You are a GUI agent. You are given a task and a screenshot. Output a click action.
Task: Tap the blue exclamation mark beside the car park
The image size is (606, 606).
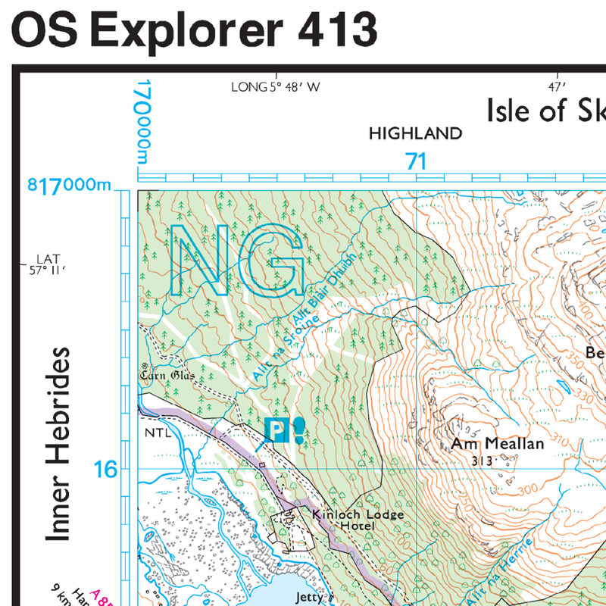click(x=299, y=430)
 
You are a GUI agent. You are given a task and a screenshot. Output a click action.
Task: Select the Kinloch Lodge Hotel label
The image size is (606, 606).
click(x=358, y=520)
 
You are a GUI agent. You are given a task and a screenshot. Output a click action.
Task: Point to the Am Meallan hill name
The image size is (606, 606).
click(x=498, y=444)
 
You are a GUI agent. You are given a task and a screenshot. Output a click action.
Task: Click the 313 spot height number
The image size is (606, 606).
click(x=481, y=461)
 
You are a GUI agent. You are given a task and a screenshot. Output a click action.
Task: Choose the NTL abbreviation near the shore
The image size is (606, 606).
click(x=154, y=434)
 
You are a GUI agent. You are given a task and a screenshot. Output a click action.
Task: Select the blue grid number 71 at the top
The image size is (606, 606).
click(x=416, y=161)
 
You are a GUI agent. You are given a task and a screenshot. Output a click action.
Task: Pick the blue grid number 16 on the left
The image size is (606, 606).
click(x=106, y=470)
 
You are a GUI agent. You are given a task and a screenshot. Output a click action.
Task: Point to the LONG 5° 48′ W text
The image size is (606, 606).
click(x=276, y=87)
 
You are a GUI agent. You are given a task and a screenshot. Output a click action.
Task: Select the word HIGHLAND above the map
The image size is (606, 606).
click(x=415, y=134)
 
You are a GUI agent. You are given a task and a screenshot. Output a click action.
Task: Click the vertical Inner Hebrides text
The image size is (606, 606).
click(x=58, y=445)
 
